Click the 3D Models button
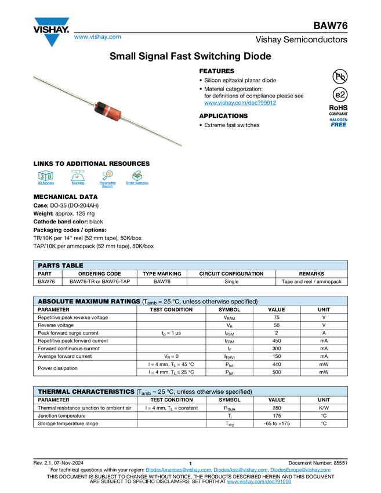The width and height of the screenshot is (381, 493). point(45,179)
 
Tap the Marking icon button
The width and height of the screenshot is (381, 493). point(78,179)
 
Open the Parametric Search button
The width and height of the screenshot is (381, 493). point(107,179)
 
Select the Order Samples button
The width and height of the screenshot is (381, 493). point(137,179)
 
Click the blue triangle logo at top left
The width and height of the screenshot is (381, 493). point(52,40)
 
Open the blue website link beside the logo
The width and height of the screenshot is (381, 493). point(97,37)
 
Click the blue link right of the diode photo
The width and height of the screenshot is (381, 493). point(240,103)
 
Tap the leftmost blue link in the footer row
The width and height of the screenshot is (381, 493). point(177,470)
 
